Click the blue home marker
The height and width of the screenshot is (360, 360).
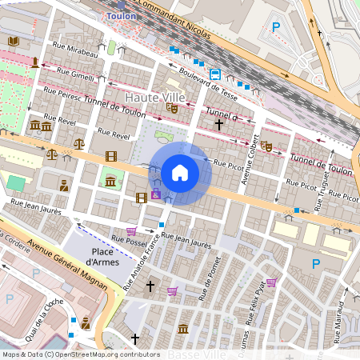tap(180, 173)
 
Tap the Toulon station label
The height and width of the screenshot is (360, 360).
tap(121, 15)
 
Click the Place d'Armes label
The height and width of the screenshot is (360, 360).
tap(102, 256)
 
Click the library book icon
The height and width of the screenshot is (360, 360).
tap(13, 41)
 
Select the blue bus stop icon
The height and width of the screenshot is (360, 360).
tap(215, 74)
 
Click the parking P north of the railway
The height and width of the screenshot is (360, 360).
tap(277, 27)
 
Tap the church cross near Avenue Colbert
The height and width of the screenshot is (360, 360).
tap(218, 125)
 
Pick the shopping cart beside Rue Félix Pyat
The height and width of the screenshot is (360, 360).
tap(271, 282)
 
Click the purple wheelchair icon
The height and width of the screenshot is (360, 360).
tap(156, 195)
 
